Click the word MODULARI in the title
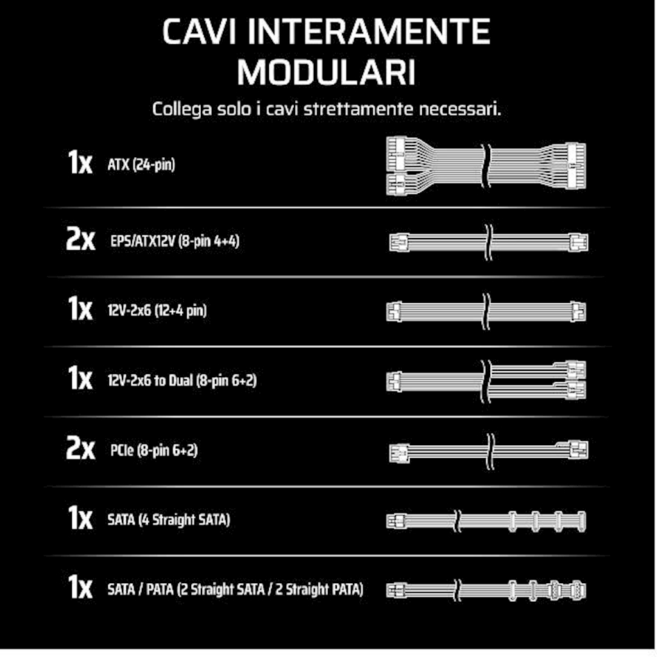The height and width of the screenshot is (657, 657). pos(327,72)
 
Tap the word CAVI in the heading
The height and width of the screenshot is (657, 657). pos(199,31)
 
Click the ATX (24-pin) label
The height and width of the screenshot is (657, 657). pos(141,164)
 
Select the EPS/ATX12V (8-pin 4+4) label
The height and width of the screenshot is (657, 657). pos(175,241)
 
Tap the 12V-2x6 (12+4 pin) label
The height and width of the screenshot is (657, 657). pos(157,311)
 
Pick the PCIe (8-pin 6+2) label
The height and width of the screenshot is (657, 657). pos(154,450)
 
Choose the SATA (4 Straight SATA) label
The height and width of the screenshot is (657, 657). pos(169,520)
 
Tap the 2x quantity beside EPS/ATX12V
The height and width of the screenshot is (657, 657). pos(80,239)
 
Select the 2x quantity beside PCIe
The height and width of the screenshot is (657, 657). pos(80,448)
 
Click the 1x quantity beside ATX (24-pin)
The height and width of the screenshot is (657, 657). pos(80,162)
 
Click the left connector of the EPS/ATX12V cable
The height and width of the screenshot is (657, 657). pos(399,243)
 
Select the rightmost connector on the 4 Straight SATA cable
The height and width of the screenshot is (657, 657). pos(581,521)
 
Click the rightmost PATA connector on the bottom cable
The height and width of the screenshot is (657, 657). pos(578,591)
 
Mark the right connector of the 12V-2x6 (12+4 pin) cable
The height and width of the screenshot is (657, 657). pos(578,312)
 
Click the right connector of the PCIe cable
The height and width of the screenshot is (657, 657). pos(578,450)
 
